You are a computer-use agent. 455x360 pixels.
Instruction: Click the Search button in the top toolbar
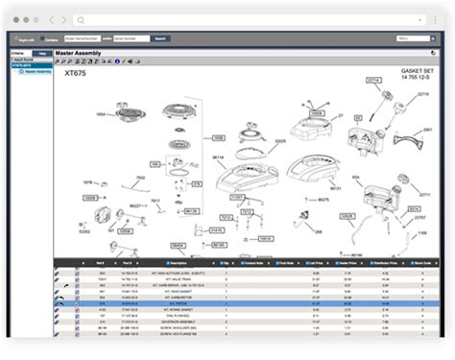160,38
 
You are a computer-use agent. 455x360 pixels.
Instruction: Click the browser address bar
240,19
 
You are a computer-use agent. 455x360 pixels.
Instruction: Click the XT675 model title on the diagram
75,72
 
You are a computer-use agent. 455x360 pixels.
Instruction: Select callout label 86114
218,156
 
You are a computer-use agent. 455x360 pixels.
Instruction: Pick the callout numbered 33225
280,142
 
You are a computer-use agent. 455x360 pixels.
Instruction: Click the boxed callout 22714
373,80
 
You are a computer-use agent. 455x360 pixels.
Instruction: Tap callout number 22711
423,194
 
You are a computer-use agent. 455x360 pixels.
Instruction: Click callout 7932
140,178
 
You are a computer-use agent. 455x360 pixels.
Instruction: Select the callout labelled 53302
84,231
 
